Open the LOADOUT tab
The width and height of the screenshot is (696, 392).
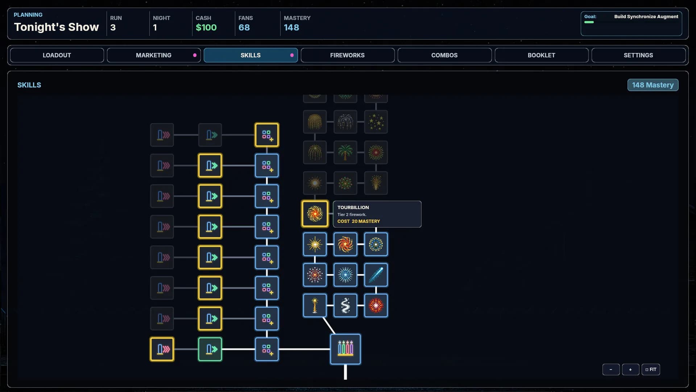click(x=57, y=55)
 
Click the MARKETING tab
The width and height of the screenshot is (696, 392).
click(x=154, y=55)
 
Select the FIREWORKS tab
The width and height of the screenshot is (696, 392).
click(x=347, y=55)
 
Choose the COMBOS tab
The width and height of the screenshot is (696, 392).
click(x=444, y=55)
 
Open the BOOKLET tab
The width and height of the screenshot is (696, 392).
click(x=541, y=55)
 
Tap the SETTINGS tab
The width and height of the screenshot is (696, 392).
click(x=638, y=55)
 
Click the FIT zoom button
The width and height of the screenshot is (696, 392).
click(x=651, y=369)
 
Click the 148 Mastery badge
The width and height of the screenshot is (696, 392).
click(x=652, y=85)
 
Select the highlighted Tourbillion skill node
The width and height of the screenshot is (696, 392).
click(x=315, y=214)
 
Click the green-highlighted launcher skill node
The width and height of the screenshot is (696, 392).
click(x=210, y=349)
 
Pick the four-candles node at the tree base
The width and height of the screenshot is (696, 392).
click(x=345, y=349)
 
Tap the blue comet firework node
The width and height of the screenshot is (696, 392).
click(x=376, y=275)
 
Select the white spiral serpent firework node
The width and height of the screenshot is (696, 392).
click(x=345, y=305)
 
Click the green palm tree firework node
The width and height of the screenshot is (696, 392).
click(x=345, y=152)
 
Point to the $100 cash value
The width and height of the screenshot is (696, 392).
click(x=206, y=28)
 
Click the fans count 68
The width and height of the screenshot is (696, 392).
click(x=244, y=28)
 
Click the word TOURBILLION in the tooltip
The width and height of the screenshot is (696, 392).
click(x=353, y=207)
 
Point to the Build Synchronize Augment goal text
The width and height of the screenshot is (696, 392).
click(x=646, y=17)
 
